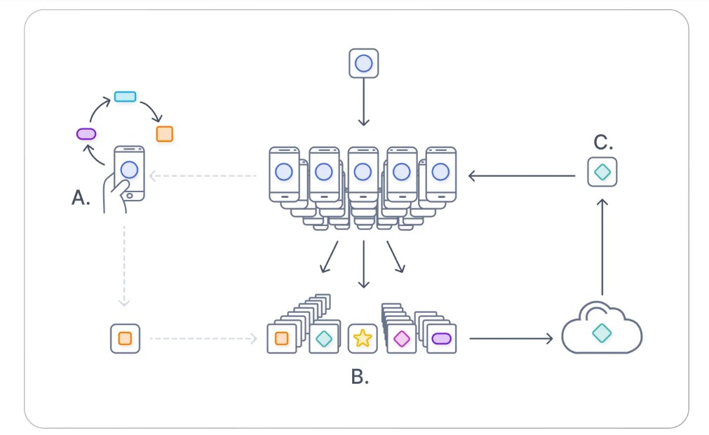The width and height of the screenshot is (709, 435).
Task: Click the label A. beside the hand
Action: [x=81, y=199]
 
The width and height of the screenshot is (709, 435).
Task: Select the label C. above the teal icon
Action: [x=603, y=142]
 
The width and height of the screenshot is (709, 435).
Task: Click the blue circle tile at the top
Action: [x=363, y=63]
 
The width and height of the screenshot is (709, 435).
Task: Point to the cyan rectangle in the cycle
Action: [x=125, y=96]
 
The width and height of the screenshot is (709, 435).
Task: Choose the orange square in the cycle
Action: [x=164, y=133]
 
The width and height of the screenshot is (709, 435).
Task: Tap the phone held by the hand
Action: [x=129, y=172]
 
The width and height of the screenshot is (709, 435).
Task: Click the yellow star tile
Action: [x=363, y=339]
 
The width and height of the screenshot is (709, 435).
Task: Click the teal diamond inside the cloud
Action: [x=602, y=333]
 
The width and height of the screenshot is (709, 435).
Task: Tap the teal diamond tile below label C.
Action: [x=602, y=172]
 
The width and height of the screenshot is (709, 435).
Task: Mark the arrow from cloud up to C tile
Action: [x=602, y=246]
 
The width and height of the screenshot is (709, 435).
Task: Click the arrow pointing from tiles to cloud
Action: [x=511, y=339]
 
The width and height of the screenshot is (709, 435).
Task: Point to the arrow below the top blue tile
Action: [x=363, y=102]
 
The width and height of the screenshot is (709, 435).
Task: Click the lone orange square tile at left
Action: [x=125, y=338]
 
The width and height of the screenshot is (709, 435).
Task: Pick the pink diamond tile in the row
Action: [x=401, y=339]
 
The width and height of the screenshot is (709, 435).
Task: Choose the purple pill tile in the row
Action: [x=441, y=339]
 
